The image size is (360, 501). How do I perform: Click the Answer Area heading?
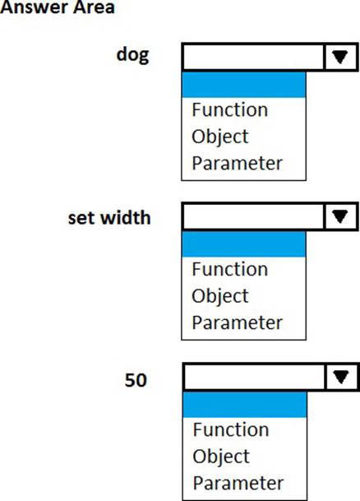(58, 7)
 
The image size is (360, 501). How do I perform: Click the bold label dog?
(133, 55)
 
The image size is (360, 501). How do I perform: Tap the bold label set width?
(109, 217)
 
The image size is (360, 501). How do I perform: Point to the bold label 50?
(136, 380)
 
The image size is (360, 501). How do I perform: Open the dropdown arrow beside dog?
(340, 57)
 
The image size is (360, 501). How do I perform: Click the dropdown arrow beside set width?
(340, 216)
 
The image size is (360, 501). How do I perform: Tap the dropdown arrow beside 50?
(341, 377)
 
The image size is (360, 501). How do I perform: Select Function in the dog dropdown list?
(230, 109)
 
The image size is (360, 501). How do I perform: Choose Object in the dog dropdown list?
(220, 137)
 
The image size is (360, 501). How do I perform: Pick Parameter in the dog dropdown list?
(238, 163)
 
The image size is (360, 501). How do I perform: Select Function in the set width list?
(230, 269)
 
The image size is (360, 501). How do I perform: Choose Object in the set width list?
(220, 296)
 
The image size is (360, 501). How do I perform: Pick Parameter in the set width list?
(238, 322)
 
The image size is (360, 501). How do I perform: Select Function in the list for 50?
(231, 429)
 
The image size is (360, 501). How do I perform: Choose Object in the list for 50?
(221, 457)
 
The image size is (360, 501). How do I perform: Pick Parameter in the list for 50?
(238, 483)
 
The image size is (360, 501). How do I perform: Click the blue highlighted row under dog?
(244, 85)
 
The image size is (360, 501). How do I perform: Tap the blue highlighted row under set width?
(244, 244)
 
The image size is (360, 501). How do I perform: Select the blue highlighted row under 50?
(245, 405)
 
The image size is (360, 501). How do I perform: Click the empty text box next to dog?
(253, 57)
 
